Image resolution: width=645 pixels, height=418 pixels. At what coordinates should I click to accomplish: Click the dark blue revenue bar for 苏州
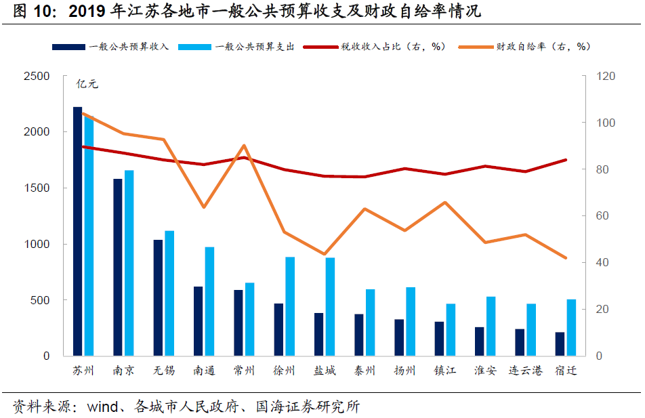coord(77,231)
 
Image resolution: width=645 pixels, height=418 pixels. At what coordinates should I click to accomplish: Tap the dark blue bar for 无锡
coord(157,297)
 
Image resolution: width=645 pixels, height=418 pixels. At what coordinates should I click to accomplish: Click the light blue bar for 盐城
coord(330,306)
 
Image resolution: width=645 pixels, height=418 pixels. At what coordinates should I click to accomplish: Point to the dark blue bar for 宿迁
coord(560,343)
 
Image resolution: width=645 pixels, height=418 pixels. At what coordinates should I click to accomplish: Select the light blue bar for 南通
coord(209,301)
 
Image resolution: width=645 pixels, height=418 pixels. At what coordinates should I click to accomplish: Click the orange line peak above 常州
coord(244,146)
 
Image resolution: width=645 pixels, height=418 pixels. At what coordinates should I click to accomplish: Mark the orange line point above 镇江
coord(444,203)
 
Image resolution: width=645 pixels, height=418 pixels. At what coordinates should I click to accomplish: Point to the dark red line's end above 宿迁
coord(565,160)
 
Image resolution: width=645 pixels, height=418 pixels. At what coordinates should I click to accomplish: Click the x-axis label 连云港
coord(525,371)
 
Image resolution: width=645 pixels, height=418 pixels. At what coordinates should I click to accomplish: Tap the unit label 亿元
coord(87,85)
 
